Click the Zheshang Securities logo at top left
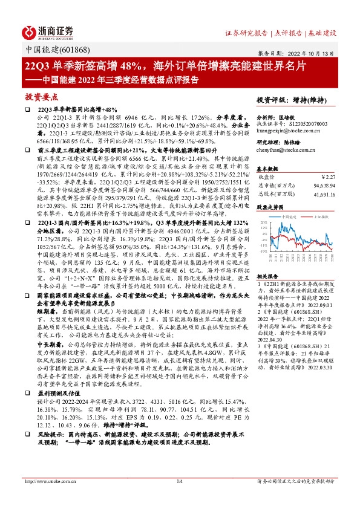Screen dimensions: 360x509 tap(48, 31)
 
